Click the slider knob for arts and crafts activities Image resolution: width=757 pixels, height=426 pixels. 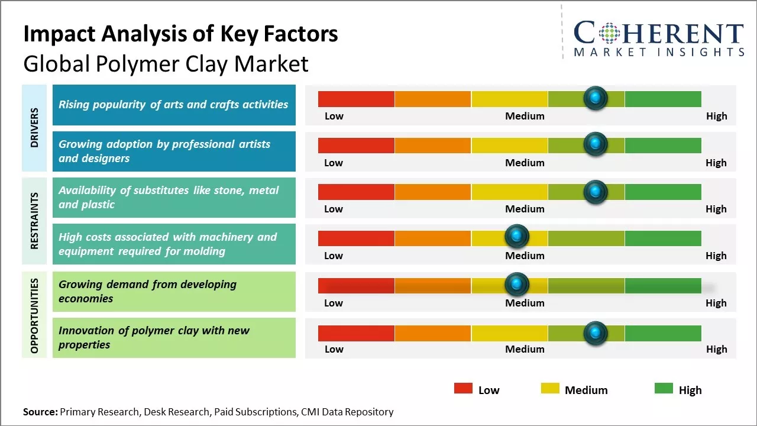(x=595, y=98)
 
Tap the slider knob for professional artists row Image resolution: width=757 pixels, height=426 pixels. (x=595, y=144)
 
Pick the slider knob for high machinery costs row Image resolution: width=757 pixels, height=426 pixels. (x=517, y=237)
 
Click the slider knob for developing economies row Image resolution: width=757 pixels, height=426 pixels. (x=517, y=285)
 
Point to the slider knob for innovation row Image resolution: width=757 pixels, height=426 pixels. (x=595, y=333)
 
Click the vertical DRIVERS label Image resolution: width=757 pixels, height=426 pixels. (x=34, y=128)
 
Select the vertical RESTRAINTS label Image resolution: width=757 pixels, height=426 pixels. (x=34, y=220)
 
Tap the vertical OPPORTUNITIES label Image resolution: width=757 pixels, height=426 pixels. (x=34, y=315)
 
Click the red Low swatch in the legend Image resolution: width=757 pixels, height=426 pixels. (x=463, y=388)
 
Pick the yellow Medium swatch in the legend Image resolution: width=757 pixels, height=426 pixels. (x=550, y=388)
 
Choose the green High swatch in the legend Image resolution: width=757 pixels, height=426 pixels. (x=664, y=388)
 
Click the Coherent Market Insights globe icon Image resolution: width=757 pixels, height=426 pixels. (x=609, y=33)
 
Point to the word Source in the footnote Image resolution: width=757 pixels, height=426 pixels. (x=40, y=412)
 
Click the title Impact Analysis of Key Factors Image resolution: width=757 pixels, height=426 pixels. (x=180, y=34)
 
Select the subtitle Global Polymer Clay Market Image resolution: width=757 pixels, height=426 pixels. (x=166, y=63)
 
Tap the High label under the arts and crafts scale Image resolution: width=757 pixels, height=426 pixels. (x=716, y=116)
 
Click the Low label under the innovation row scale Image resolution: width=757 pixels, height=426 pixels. (x=334, y=349)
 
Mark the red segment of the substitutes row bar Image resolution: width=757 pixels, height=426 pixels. (x=356, y=192)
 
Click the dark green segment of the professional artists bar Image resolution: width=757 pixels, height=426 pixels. (x=662, y=145)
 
